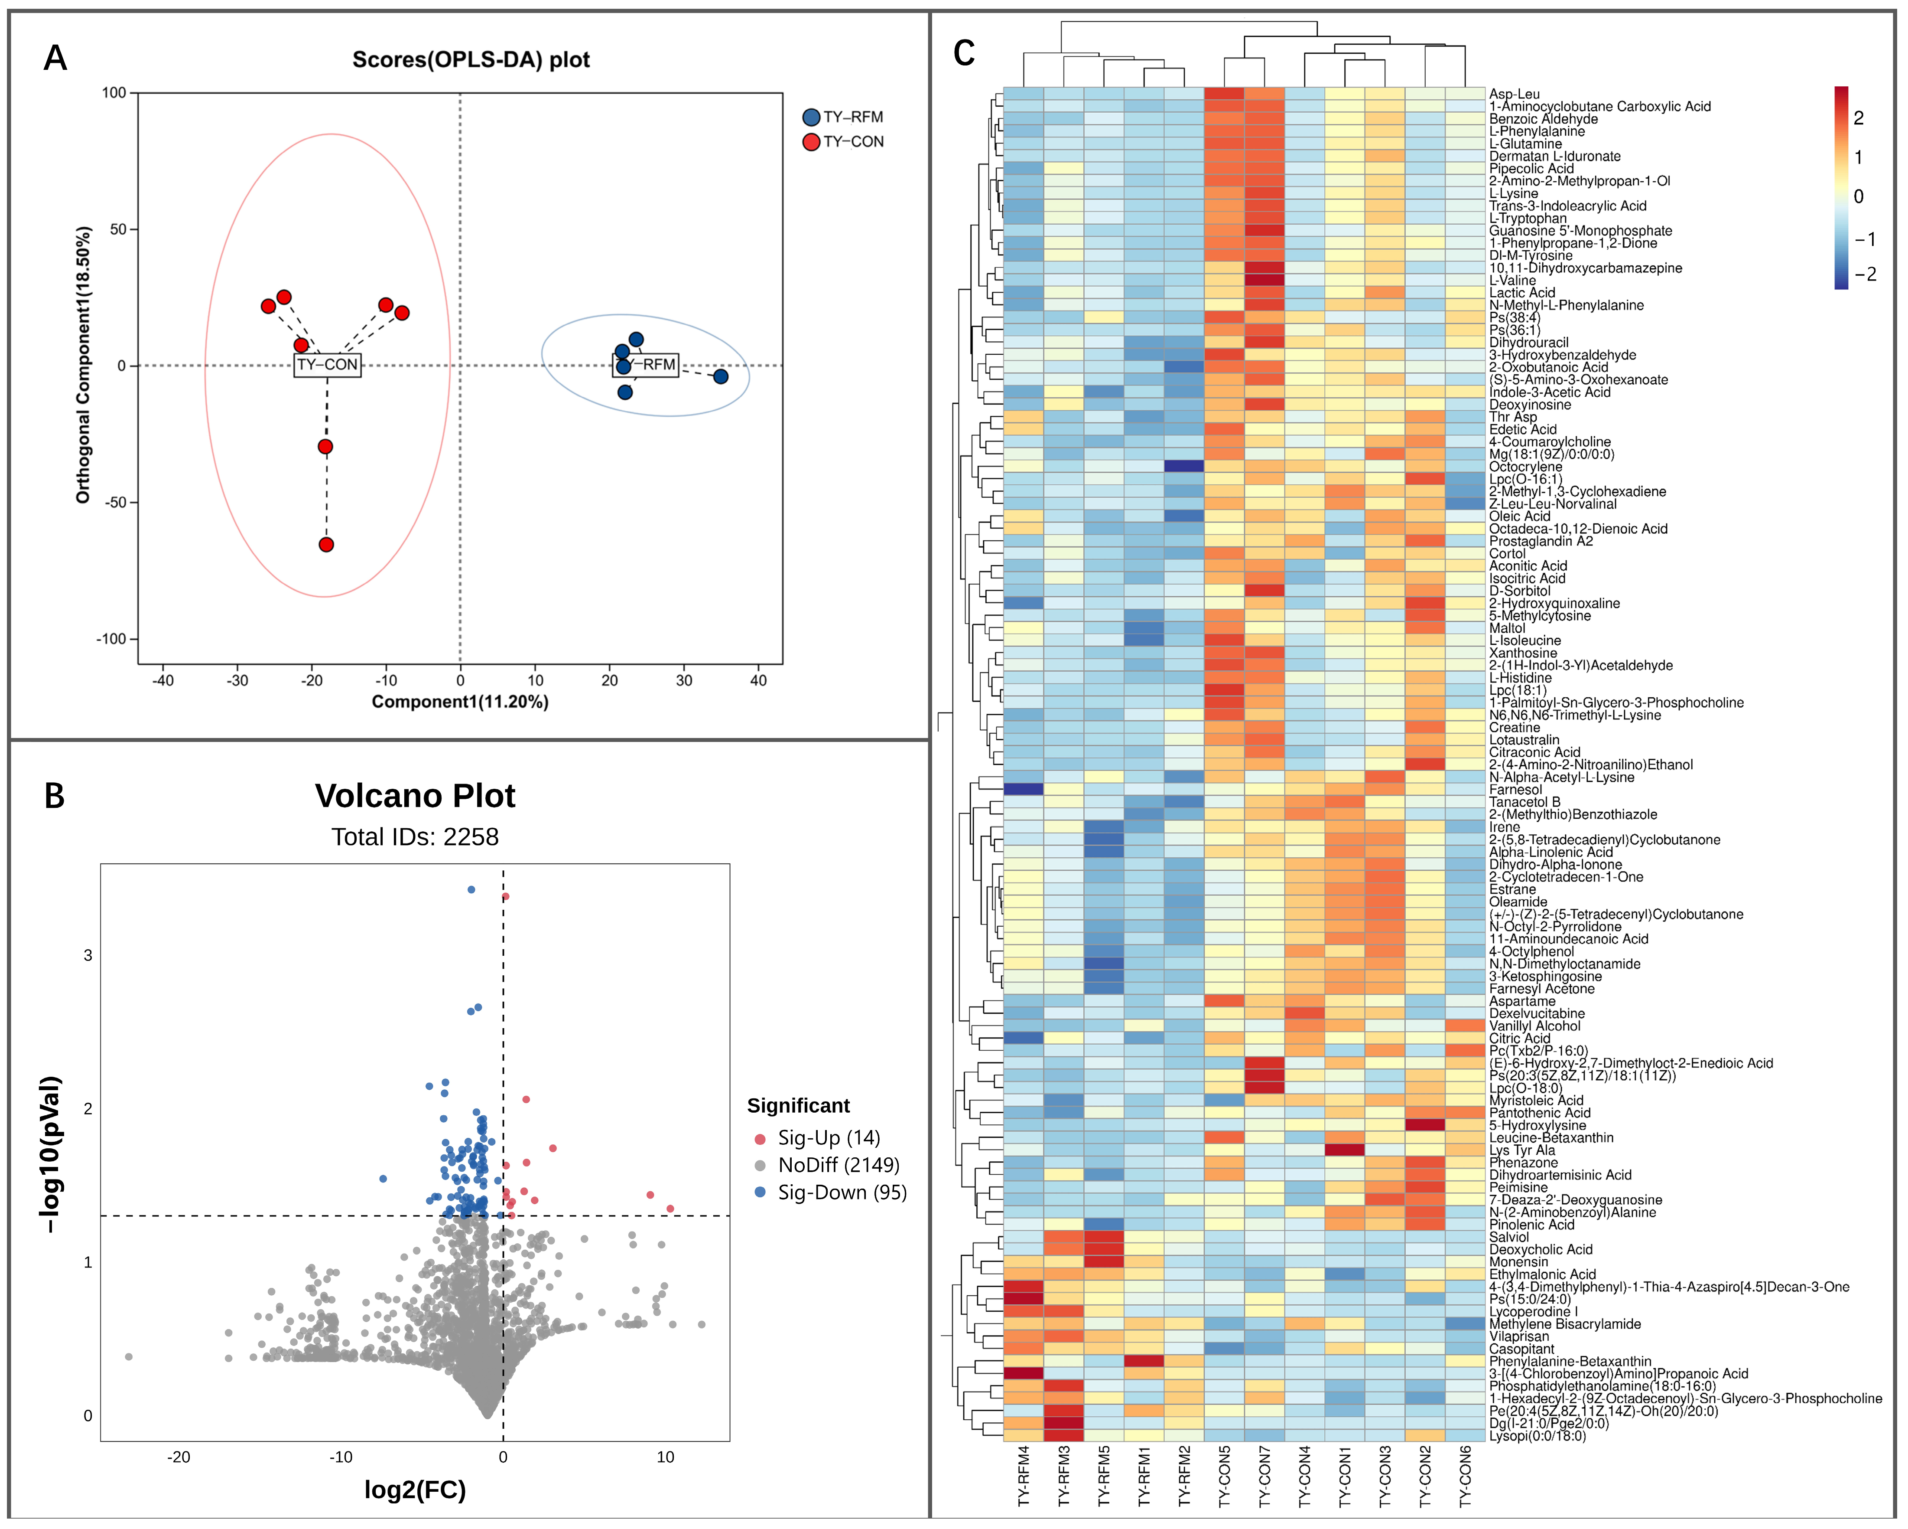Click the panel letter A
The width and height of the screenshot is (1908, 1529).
coord(55,59)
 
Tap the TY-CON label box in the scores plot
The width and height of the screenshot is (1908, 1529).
coord(328,365)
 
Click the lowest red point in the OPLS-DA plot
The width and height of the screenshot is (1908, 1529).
coord(327,545)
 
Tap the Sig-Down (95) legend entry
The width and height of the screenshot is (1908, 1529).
coord(830,1192)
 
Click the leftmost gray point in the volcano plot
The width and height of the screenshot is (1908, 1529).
coord(129,1356)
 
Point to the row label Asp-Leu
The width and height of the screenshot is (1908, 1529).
coord(1514,94)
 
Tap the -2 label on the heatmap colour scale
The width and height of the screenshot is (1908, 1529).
coord(1865,274)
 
